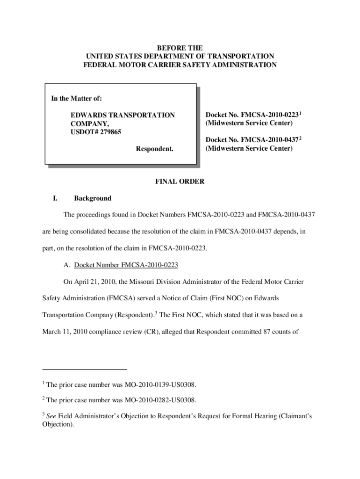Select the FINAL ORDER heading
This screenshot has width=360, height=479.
pyautogui.click(x=180, y=181)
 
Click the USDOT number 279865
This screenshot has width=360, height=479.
pyautogui.click(x=108, y=132)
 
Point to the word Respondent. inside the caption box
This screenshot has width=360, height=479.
pyautogui.click(x=154, y=149)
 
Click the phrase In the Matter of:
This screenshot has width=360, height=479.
pyautogui.click(x=76, y=99)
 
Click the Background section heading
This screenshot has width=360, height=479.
pyautogui.click(x=93, y=198)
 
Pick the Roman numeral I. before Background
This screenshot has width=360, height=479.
pyautogui.click(x=55, y=198)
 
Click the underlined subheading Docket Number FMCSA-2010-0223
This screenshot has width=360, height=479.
pyautogui.click(x=126, y=265)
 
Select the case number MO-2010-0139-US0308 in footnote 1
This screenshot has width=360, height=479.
pyautogui.click(x=160, y=385)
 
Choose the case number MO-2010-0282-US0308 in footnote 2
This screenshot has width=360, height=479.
pyautogui.click(x=160, y=400)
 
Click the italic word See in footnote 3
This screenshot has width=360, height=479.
pyautogui.click(x=52, y=416)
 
